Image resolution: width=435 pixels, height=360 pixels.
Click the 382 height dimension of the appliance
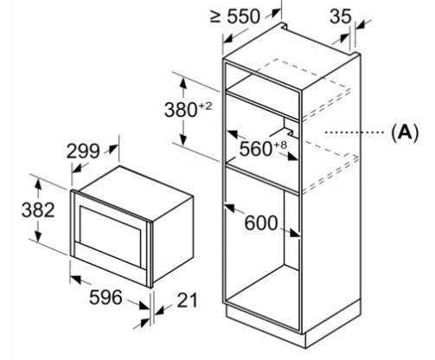tap(38, 210)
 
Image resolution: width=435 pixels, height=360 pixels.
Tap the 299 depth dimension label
tap(83, 151)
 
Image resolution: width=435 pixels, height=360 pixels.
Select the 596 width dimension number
tap(106, 298)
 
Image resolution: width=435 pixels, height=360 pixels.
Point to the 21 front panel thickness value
tap(187, 300)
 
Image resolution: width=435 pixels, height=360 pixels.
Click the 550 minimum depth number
tap(244, 16)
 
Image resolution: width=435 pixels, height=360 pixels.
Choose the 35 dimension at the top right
tap(341, 16)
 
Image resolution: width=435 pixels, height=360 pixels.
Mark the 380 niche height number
tap(181, 110)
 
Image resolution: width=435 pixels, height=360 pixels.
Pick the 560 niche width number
tap(256, 149)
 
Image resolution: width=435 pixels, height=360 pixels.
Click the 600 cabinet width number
tap(261, 223)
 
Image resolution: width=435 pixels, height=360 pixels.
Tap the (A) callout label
tap(405, 133)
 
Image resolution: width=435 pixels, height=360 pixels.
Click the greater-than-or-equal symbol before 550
tap(215, 16)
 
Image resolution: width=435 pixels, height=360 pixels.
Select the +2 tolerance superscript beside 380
tap(205, 106)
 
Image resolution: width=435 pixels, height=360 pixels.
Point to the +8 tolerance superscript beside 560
tap(280, 145)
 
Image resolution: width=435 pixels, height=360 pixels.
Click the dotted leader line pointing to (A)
tap(355, 132)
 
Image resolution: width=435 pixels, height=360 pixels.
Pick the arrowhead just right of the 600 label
tap(295, 233)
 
